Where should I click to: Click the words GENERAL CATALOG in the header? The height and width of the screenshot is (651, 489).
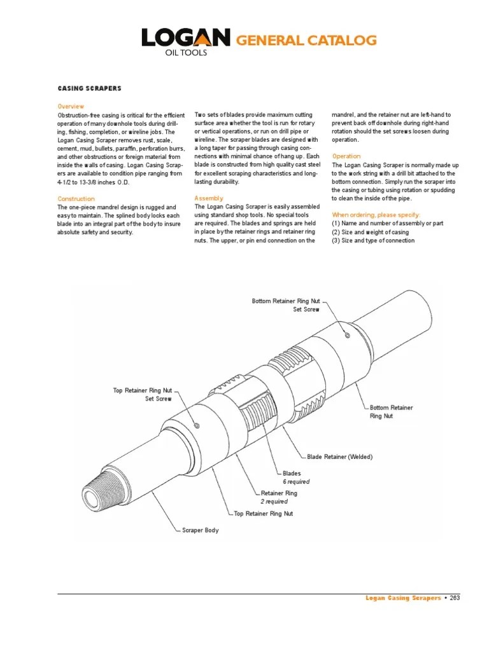[x=306, y=41]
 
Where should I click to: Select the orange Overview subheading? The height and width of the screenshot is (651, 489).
[x=71, y=106]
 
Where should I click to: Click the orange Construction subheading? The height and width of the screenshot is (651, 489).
[x=76, y=199]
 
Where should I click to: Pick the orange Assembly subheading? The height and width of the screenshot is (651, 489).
[x=209, y=198]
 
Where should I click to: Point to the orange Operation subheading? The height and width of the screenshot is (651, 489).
[x=346, y=156]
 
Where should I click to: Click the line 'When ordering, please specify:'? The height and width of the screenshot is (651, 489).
[x=376, y=215]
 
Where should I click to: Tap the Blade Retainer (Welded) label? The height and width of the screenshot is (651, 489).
[x=339, y=457]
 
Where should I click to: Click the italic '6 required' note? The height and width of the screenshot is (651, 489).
[x=296, y=482]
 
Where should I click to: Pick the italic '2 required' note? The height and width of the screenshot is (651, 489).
[x=274, y=502]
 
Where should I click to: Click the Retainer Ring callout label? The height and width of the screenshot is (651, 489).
[x=279, y=493]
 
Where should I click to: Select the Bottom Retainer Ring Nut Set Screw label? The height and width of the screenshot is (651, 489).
[x=285, y=305]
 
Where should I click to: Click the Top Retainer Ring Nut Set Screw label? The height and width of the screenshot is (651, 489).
[x=142, y=394]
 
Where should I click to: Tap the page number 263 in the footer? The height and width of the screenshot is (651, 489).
[x=454, y=598]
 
